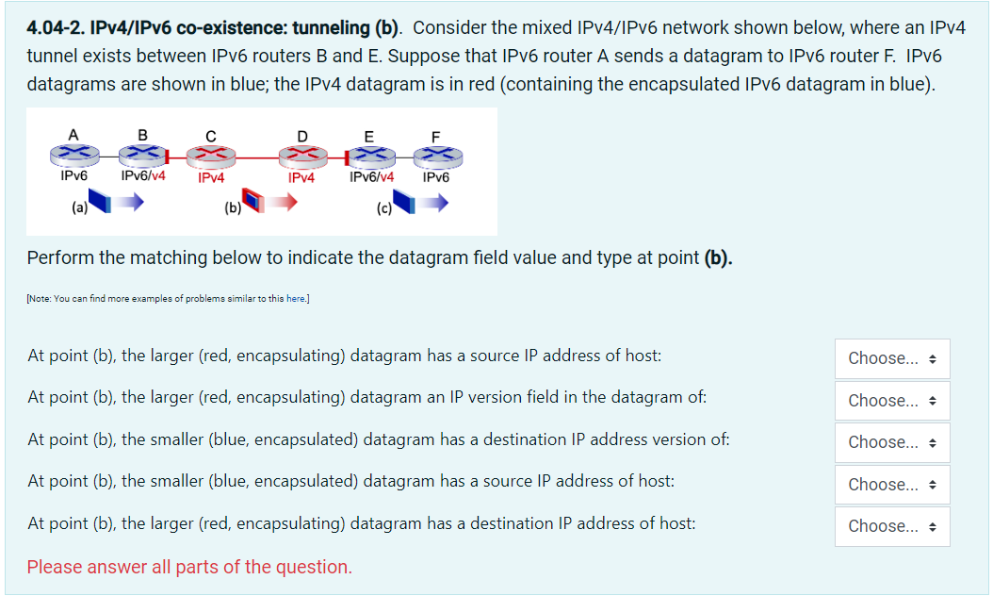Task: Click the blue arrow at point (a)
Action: pos(130,201)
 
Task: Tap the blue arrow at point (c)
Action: pos(433,201)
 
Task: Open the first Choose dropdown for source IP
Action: pos(891,358)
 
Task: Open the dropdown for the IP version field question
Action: pos(891,401)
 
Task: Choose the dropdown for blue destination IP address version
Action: pos(891,442)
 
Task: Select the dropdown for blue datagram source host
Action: pos(891,485)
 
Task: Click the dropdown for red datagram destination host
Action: pos(891,526)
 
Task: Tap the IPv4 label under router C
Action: pos(211,177)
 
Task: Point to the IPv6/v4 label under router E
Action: pos(371,176)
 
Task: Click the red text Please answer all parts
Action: pos(189,567)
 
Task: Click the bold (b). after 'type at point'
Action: pos(718,257)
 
